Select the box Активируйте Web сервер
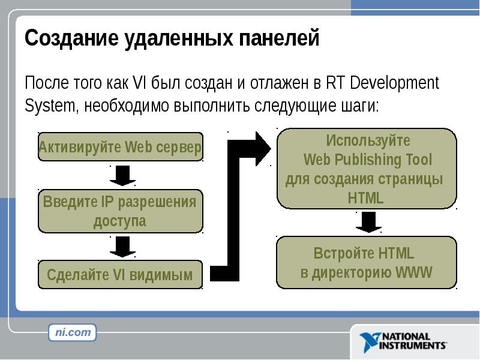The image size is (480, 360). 121,147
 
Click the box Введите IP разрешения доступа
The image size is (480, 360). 121,211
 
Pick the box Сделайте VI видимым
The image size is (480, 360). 121,275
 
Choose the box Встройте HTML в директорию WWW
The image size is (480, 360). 365,263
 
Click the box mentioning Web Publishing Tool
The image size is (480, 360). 365,169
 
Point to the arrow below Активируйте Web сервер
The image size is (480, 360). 122,175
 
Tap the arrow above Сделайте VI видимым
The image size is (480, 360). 122,246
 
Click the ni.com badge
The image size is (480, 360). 73,332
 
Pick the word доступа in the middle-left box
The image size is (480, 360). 120,221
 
